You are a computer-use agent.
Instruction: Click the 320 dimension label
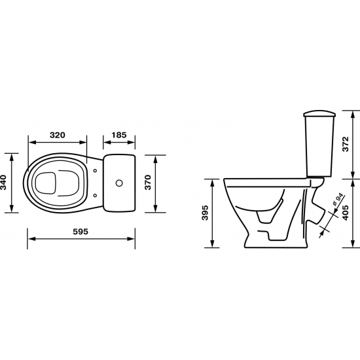click(x=58, y=135)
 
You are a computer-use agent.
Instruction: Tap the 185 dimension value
click(x=119, y=135)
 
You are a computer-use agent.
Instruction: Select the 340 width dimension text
click(x=4, y=183)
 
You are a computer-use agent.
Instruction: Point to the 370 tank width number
click(x=149, y=183)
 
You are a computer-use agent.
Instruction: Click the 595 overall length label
click(x=81, y=232)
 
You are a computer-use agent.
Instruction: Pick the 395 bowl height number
click(x=205, y=213)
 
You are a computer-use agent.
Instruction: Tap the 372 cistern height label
click(x=346, y=144)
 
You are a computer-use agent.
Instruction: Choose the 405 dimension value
click(x=346, y=213)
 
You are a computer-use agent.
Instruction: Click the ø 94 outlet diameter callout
click(x=338, y=200)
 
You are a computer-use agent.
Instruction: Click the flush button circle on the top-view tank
click(x=119, y=183)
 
